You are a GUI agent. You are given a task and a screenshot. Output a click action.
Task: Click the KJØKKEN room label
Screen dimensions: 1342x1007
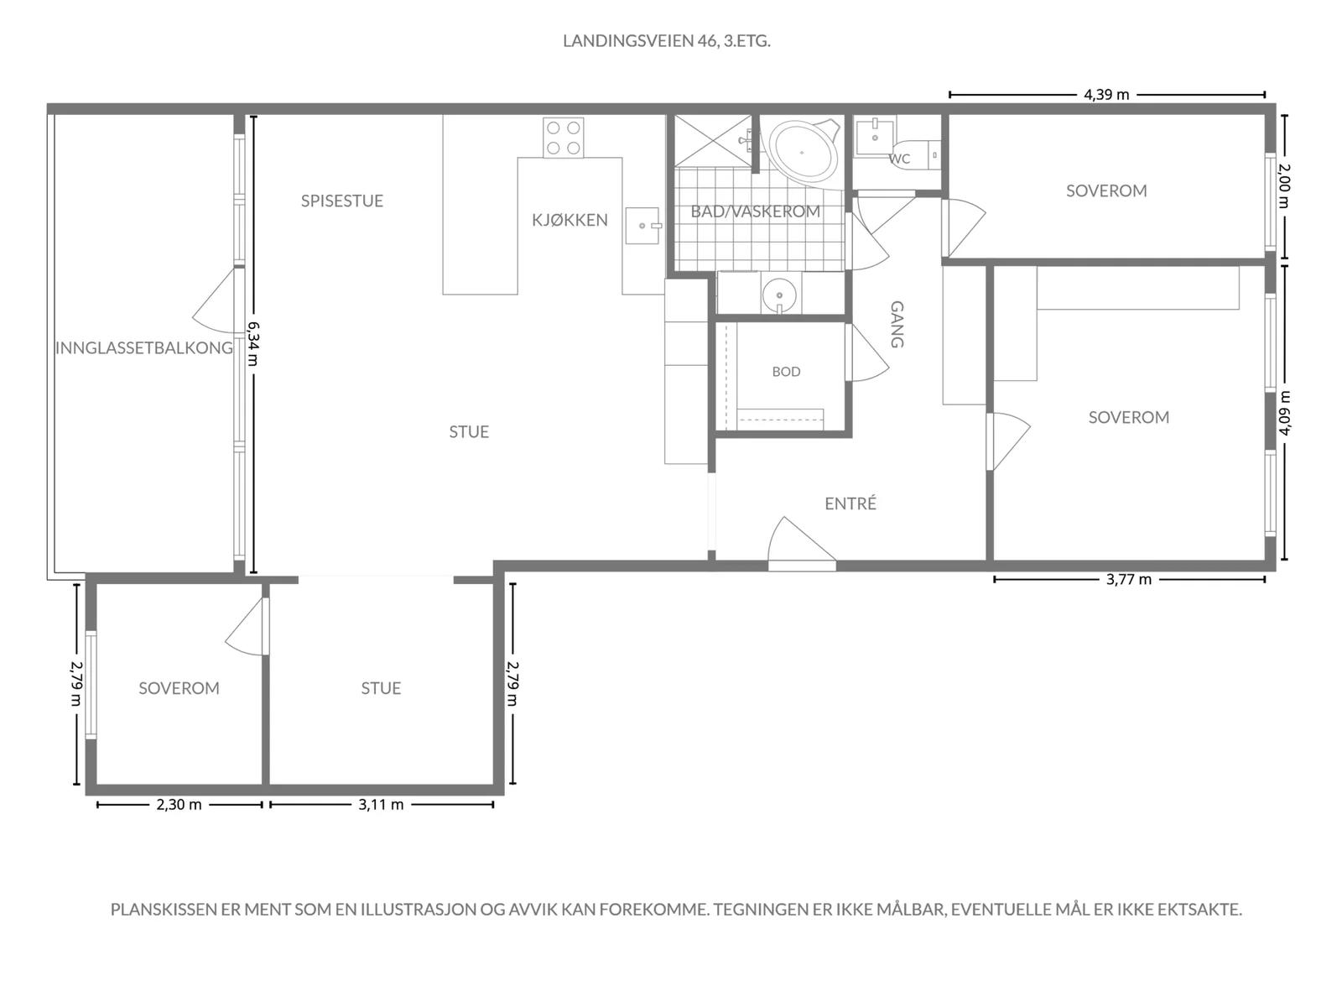570,220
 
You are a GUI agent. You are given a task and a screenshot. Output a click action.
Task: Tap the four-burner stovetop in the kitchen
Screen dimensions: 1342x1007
563,138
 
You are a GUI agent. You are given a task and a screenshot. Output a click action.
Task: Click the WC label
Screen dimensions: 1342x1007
899,159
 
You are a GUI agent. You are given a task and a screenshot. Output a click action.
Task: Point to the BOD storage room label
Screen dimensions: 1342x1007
786,372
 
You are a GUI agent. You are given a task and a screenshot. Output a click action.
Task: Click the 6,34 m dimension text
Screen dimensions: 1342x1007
253,344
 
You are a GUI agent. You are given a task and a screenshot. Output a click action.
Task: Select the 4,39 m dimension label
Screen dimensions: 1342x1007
1106,95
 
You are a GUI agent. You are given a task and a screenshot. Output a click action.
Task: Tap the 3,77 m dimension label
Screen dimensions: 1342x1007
1129,580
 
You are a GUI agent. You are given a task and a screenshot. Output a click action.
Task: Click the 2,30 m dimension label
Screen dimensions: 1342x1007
179,805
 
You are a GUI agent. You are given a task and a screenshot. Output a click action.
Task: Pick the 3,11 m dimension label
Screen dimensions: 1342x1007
381,805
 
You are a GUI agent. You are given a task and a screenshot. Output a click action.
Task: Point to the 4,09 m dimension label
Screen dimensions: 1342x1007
1284,414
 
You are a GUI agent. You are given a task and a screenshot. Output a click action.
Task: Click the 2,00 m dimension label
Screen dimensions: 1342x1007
1284,185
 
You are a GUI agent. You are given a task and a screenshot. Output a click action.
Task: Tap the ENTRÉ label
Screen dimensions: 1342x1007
850,503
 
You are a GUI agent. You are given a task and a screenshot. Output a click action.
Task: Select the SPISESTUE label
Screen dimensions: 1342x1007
341,201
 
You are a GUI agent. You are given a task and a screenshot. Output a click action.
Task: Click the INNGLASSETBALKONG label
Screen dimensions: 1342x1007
144,348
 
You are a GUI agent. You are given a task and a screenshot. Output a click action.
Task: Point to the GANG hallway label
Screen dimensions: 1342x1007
897,324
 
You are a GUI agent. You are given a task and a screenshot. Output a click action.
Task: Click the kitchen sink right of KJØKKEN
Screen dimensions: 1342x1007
643,226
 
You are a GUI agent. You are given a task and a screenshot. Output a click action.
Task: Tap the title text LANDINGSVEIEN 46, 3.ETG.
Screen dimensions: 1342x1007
667,41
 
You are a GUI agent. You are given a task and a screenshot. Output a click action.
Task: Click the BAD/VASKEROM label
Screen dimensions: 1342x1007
755,211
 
